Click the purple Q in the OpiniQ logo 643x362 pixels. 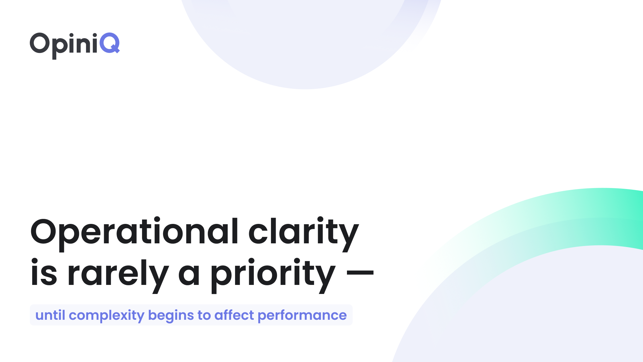pyautogui.click(x=110, y=43)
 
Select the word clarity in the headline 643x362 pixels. pyautogui.click(x=303, y=232)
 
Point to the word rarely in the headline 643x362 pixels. pyautogui.click(x=118, y=274)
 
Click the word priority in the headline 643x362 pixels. pyautogui.click(x=273, y=274)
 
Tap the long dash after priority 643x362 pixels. pyautogui.click(x=360, y=272)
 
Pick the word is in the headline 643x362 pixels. pyautogui.click(x=44, y=274)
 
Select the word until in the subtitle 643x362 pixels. pyautogui.click(x=50, y=315)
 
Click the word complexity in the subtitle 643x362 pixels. pyautogui.click(x=106, y=315)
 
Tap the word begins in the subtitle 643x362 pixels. pyautogui.click(x=171, y=315)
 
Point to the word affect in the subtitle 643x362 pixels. pyautogui.click(x=234, y=315)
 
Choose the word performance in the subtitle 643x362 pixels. pyautogui.click(x=302, y=315)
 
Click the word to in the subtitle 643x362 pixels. pyautogui.click(x=204, y=315)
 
